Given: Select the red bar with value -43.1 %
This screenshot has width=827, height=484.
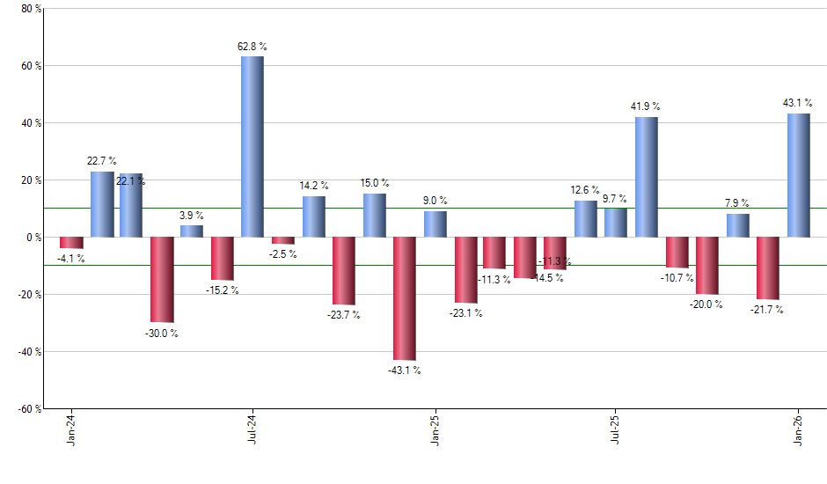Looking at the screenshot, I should (x=405, y=298).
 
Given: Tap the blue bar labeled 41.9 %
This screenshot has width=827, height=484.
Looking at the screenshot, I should (x=647, y=177).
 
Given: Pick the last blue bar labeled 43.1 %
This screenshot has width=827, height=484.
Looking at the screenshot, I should (x=798, y=175).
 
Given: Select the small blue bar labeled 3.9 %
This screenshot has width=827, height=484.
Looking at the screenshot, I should (x=192, y=231).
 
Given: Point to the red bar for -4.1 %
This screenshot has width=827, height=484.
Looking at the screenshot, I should (x=71, y=243).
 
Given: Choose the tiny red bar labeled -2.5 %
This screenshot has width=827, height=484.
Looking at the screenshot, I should (x=283, y=240).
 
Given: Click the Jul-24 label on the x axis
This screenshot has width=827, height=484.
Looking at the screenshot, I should (x=252, y=429).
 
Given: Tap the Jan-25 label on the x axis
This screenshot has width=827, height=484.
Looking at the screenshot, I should (x=435, y=429).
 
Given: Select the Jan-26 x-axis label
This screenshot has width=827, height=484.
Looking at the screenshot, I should (x=798, y=429).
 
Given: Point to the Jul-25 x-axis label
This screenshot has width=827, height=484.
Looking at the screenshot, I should (x=616, y=429).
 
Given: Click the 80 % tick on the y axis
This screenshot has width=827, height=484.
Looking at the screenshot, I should (x=30, y=9).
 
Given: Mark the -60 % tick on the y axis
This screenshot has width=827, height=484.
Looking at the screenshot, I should (x=28, y=408).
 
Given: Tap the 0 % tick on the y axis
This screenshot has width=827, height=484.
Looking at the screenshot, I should (x=33, y=238).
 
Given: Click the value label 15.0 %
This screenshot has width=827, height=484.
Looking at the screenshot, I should (x=375, y=183).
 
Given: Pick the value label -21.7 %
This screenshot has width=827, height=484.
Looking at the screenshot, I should (x=767, y=310).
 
